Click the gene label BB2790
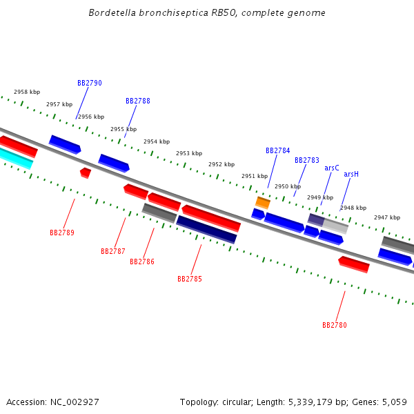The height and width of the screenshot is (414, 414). (x=90, y=83)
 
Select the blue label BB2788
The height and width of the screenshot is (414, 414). (x=138, y=101)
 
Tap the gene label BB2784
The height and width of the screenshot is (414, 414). (x=278, y=150)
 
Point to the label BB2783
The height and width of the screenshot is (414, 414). (x=307, y=161)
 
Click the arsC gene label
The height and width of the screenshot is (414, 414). (x=332, y=168)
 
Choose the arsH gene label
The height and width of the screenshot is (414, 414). (x=351, y=175)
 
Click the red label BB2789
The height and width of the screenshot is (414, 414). (x=62, y=233)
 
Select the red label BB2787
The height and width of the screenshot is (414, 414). (x=113, y=252)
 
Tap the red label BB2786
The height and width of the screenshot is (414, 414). (x=142, y=262)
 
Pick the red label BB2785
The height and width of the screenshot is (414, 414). (x=190, y=279)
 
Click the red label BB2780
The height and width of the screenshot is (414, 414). (x=335, y=326)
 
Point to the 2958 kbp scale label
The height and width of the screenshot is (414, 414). (x=27, y=92)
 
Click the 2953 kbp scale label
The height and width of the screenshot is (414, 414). (x=189, y=154)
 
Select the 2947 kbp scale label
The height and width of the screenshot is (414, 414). (x=387, y=218)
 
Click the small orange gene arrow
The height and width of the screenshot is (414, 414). (x=263, y=202)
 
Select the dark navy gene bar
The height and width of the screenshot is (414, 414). (x=207, y=229)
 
